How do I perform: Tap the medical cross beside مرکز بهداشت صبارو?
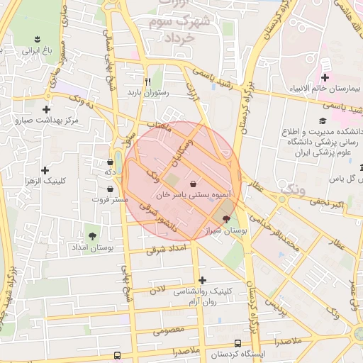pyautogui.click(x=47, y=109)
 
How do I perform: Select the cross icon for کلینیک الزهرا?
pyautogui.click(x=45, y=170)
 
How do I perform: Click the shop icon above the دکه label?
pyautogui.click(x=110, y=162)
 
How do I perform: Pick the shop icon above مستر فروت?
pyautogui.click(x=110, y=189)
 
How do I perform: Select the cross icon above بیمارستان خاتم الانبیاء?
pyautogui.click(x=325, y=77)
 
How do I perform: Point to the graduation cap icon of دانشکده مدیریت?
pyautogui.click(x=323, y=121)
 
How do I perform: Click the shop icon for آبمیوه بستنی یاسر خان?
pyautogui.click(x=194, y=184)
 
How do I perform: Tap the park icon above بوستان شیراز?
pyautogui.click(x=226, y=218)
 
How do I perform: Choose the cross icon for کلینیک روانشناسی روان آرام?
pyautogui.click(x=203, y=281)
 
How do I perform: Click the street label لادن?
pyautogui.click(x=157, y=289)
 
